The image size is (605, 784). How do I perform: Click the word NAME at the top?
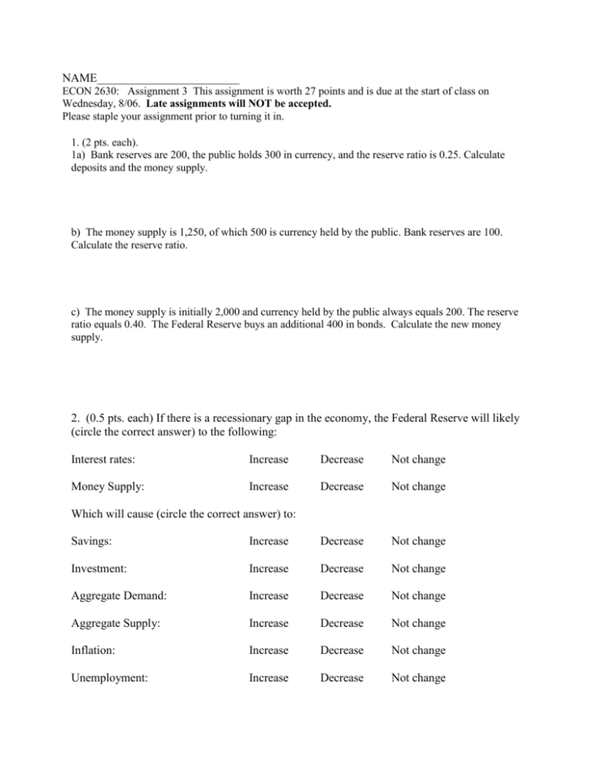pyautogui.click(x=80, y=78)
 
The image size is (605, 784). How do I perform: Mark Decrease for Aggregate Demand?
pyautogui.click(x=341, y=596)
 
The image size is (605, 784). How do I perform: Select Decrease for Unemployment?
pyautogui.click(x=341, y=678)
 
